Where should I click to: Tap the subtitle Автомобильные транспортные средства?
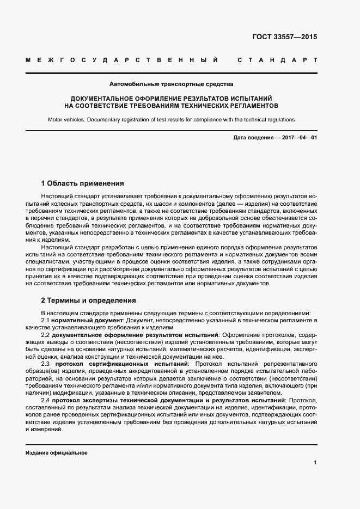tap(172, 84)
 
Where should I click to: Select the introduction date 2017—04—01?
tap(300, 138)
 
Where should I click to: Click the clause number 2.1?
tap(46, 321)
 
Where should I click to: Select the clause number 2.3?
tap(46, 363)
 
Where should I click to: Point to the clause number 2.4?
tap(46, 401)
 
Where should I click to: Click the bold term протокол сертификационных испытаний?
tap(121, 363)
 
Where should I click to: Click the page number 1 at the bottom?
tap(315, 463)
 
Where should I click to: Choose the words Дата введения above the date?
tap(253, 138)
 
